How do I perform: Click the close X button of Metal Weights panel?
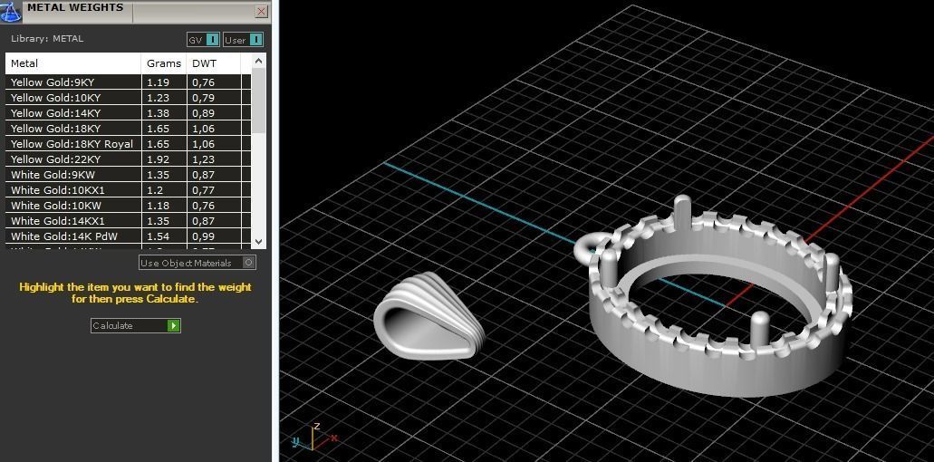[261, 12]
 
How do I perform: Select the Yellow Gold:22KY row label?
[55, 159]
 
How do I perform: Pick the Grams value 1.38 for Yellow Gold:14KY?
[158, 113]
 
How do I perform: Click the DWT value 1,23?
[203, 159]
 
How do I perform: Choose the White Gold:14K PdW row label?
[56, 236]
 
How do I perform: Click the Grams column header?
[163, 63]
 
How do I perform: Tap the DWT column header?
[204, 63]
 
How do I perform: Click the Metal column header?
[24, 63]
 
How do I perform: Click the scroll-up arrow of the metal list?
[259, 62]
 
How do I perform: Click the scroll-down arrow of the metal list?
[259, 241]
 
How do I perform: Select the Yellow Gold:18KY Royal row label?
[72, 144]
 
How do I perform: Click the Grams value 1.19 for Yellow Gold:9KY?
[158, 82]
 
